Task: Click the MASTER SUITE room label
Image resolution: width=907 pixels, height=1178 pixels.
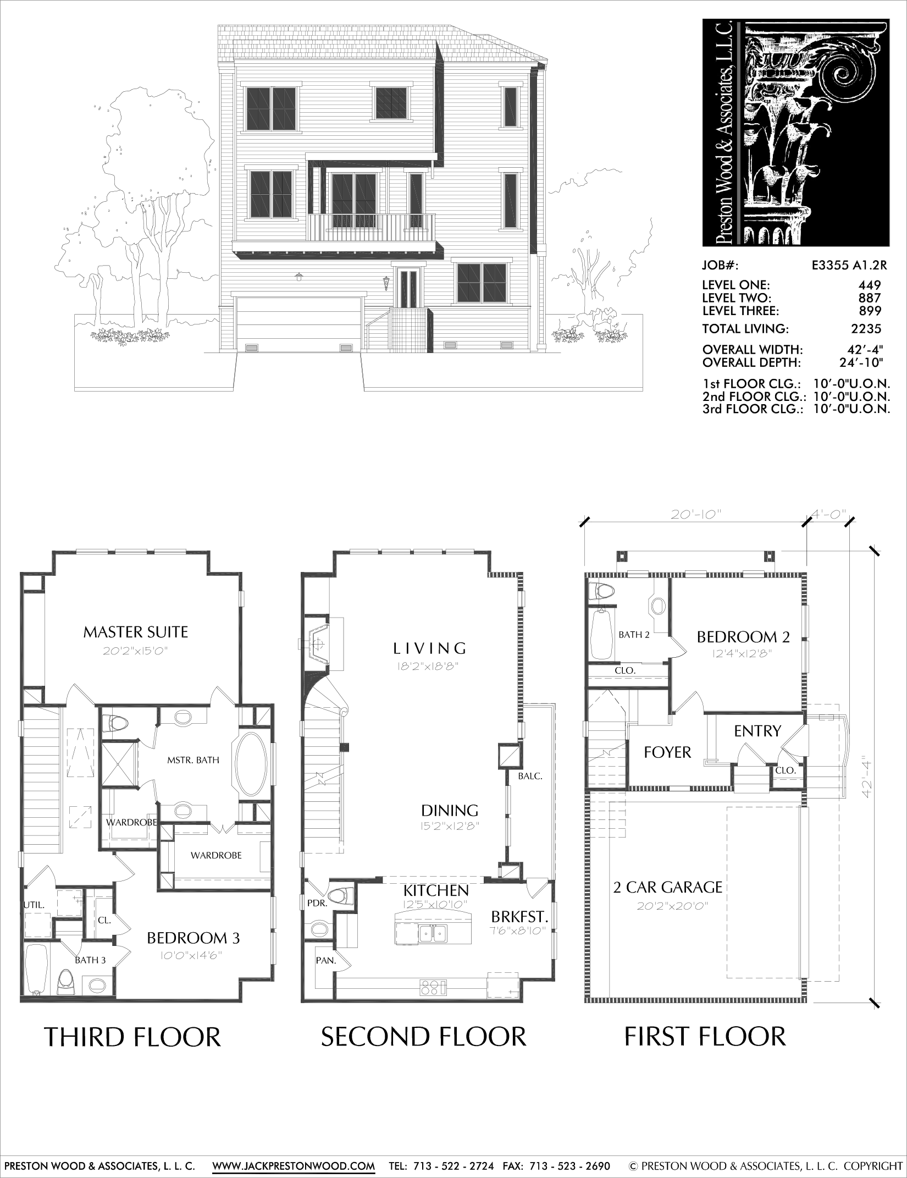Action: click(135, 632)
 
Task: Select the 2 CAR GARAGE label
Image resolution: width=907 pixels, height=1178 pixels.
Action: click(668, 887)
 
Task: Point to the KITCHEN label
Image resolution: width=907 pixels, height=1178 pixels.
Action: click(436, 890)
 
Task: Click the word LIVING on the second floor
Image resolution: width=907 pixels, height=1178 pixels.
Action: click(430, 648)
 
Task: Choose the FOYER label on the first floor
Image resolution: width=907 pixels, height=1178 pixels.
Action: click(667, 752)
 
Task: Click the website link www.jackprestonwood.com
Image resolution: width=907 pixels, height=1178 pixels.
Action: click(294, 1162)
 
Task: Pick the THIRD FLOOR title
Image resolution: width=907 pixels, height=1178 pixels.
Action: click(132, 1038)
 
